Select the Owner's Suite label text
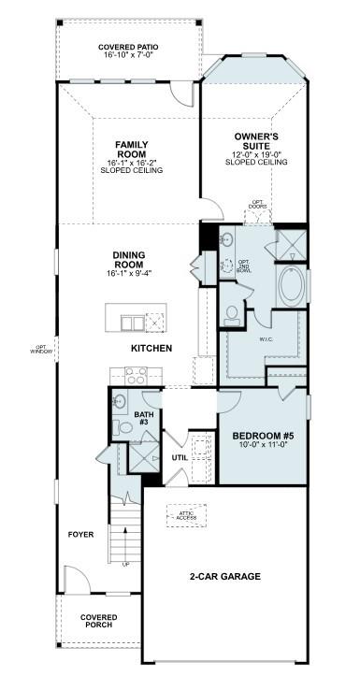pyautogui.click(x=254, y=149)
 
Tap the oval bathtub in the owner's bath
pyautogui.click(x=291, y=286)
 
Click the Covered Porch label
pyautogui.click(x=98, y=620)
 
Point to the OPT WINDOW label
pyautogui.click(x=41, y=351)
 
